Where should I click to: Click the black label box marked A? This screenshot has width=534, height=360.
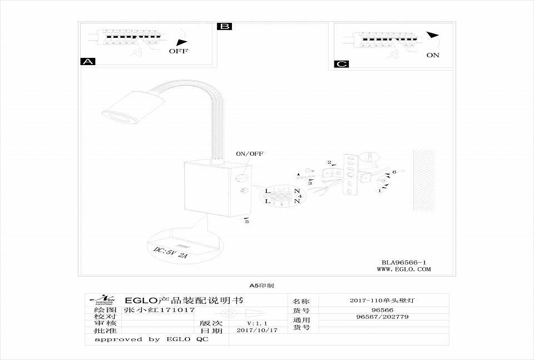88,61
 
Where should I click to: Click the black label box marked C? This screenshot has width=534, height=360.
342,64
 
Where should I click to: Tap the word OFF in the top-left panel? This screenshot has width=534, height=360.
179,51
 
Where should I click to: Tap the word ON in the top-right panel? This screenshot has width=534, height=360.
433,55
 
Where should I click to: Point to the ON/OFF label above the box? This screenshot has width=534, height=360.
250,154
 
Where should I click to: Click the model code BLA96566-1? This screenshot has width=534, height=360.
404,262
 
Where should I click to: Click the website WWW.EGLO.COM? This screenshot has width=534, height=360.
404,269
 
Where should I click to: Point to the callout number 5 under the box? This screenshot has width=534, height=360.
248,222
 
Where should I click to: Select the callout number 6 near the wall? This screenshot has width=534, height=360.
394,172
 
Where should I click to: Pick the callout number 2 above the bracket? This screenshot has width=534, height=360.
329,162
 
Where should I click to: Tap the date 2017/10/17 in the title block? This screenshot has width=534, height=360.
256,330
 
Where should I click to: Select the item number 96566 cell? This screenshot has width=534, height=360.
382,310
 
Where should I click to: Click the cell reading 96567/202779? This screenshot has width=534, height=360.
382,317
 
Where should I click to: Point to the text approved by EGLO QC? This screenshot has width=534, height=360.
151,339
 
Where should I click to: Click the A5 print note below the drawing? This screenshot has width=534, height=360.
261,285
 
